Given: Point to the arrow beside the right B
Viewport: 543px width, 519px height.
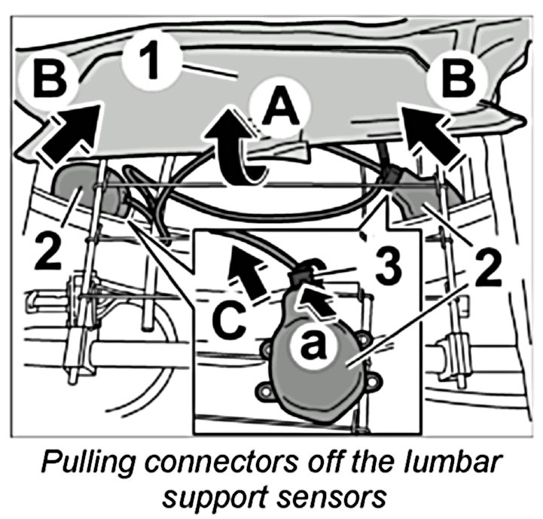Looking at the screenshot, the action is [x=429, y=131].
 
